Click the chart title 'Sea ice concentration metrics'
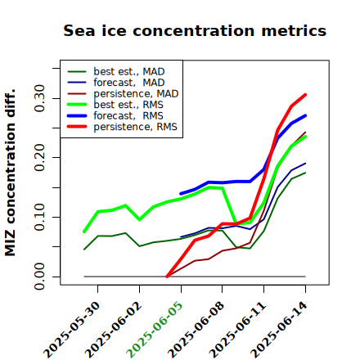195,30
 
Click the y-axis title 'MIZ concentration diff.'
10,173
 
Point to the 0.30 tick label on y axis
40,98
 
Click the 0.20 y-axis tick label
40,158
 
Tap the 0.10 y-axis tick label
40,217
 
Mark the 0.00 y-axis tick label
40,277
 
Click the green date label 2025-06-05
155,330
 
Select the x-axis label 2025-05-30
71,330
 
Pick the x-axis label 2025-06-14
279,330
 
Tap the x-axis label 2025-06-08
196,330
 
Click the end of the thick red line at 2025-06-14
305,95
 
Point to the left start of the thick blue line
181,194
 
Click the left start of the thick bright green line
84,232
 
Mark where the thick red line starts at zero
167,277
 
